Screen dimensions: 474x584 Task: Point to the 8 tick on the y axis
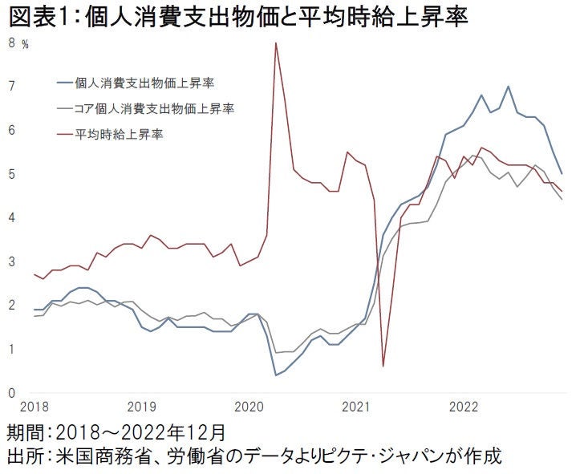[x=11, y=43]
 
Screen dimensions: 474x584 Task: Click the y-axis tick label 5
[x=11, y=174]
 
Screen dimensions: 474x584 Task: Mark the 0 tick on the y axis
[x=11, y=393]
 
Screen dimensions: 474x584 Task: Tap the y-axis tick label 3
[x=11, y=261]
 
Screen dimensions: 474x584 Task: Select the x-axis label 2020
[x=248, y=407]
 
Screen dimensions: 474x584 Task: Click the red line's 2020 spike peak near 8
[x=276, y=43]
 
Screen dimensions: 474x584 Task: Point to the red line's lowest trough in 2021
[x=383, y=366]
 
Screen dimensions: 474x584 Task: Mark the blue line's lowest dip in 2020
[x=276, y=375]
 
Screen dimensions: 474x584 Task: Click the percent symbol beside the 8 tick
[x=25, y=45]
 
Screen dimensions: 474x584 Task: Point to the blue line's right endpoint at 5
[x=562, y=173]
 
